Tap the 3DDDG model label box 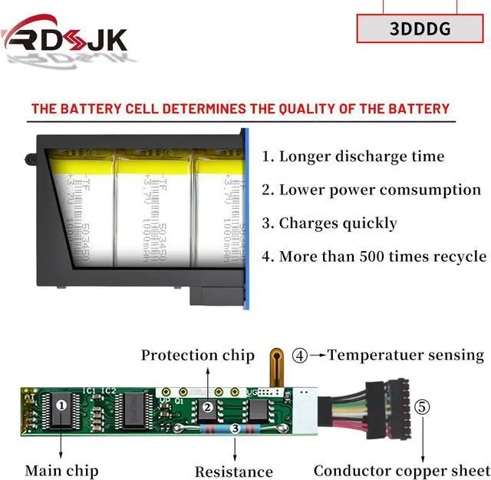[420, 29]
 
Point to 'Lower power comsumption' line [380, 190]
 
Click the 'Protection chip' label [197, 355]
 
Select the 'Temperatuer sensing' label [406, 355]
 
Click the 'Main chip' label [61, 470]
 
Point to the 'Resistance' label [234, 472]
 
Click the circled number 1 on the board [62, 403]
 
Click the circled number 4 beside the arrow [300, 356]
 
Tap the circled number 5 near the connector [423, 406]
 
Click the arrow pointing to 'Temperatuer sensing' [318, 356]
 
